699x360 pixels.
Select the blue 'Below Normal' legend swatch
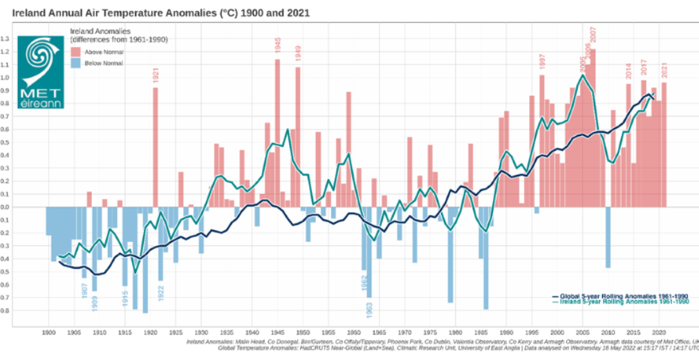click(77, 63)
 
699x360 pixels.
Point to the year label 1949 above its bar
click(298, 53)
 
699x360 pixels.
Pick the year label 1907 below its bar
click(84, 290)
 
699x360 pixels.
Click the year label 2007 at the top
click(593, 35)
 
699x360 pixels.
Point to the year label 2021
click(664, 70)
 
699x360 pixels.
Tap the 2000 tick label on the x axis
click(557, 332)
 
